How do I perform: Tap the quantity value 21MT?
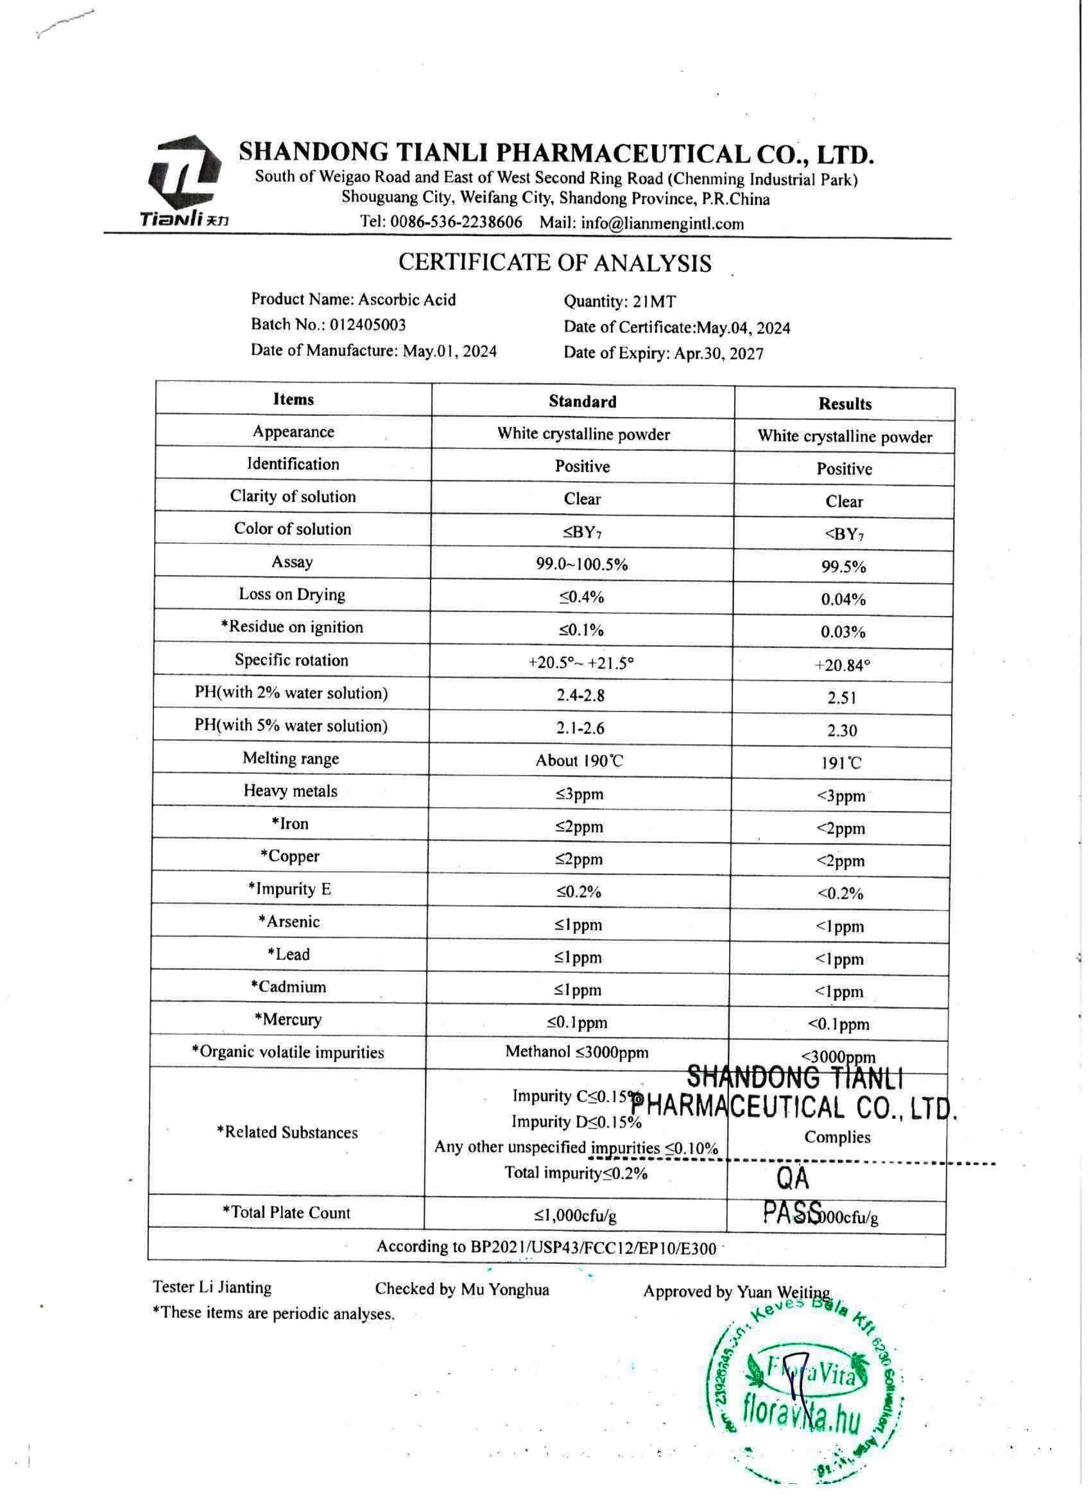(655, 302)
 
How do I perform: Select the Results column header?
(844, 404)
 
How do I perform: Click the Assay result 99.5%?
(843, 567)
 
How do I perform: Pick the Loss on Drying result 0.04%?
(843, 600)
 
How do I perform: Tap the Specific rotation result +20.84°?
(842, 665)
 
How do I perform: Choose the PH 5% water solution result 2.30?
(842, 731)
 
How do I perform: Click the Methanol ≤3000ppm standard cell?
(577, 1052)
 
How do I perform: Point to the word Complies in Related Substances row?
(837, 1138)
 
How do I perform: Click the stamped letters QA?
(792, 1178)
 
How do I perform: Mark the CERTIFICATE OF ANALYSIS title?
(554, 263)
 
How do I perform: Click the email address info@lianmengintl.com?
(662, 223)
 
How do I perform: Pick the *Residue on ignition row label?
(292, 627)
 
